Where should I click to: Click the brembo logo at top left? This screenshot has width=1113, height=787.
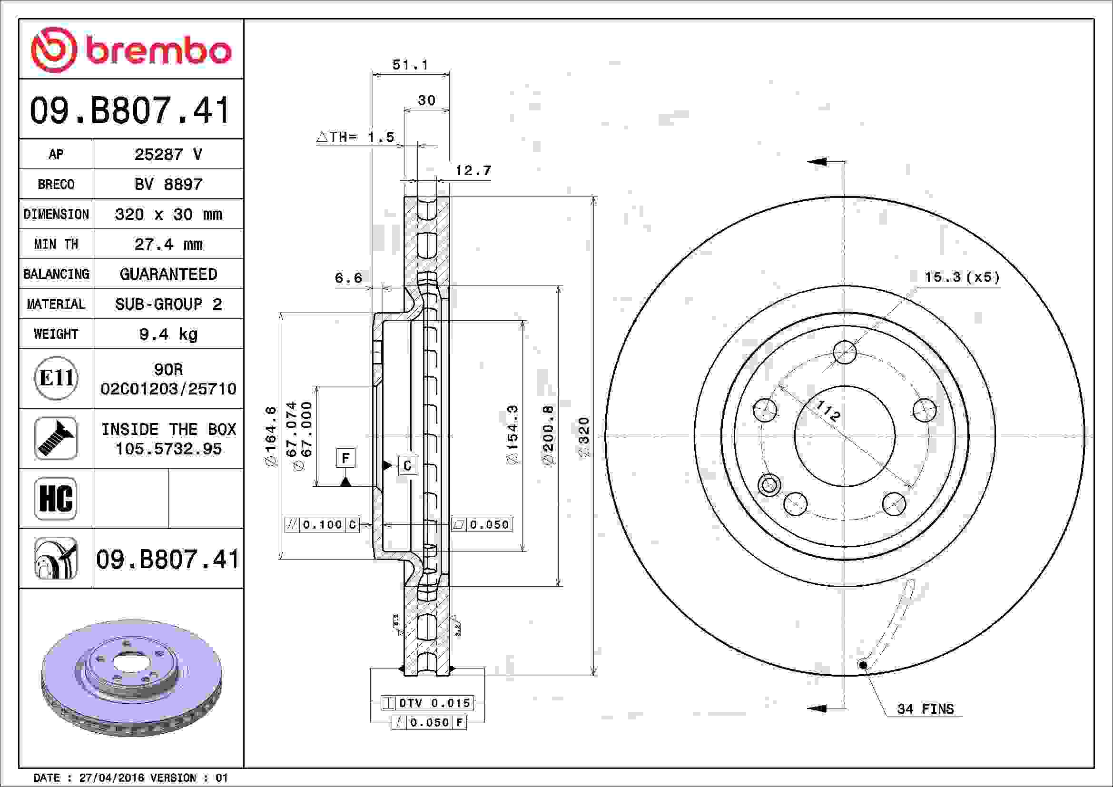click(131, 50)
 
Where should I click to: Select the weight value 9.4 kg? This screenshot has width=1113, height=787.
click(168, 334)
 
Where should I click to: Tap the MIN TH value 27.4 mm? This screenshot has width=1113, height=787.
click(168, 244)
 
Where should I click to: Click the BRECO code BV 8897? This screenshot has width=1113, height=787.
click(168, 184)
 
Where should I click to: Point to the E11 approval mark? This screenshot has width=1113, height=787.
click(56, 378)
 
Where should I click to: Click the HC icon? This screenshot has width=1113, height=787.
click(56, 498)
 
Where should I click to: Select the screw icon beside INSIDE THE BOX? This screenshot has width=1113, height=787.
click(56, 438)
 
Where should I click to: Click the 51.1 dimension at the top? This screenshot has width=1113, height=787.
click(410, 64)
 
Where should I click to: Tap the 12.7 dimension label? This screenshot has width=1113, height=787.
click(473, 171)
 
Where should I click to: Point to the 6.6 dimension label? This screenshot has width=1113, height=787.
click(348, 278)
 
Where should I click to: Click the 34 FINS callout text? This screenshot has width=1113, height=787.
click(926, 709)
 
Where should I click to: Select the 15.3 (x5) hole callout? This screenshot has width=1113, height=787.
click(962, 277)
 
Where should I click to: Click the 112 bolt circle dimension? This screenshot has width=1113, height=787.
click(827, 411)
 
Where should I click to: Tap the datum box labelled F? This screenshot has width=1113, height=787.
click(345, 458)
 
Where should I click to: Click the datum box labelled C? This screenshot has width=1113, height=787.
click(407, 465)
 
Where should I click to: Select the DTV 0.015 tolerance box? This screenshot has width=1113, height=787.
click(426, 703)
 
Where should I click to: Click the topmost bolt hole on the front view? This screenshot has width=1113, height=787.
click(845, 352)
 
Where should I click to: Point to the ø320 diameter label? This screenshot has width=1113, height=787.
click(584, 437)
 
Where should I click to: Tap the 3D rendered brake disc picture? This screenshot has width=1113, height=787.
click(131, 678)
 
